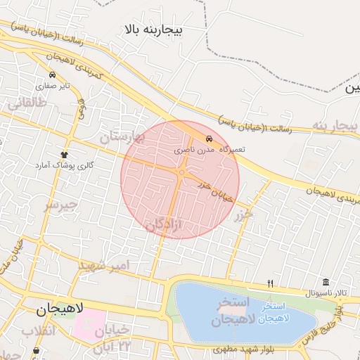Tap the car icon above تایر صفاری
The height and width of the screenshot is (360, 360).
[x=53, y=74]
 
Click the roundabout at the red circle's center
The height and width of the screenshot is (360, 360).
[x=181, y=172]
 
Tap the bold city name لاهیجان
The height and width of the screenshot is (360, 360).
[x=59, y=308]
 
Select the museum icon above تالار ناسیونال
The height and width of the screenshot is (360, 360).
[x=325, y=282]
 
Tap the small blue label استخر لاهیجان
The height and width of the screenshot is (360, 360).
[x=272, y=314]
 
